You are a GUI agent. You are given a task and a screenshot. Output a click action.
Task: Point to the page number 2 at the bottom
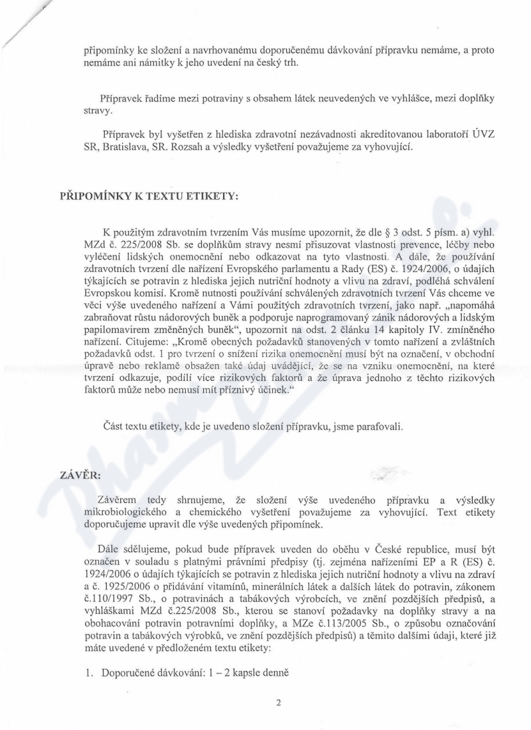pos(279,704)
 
